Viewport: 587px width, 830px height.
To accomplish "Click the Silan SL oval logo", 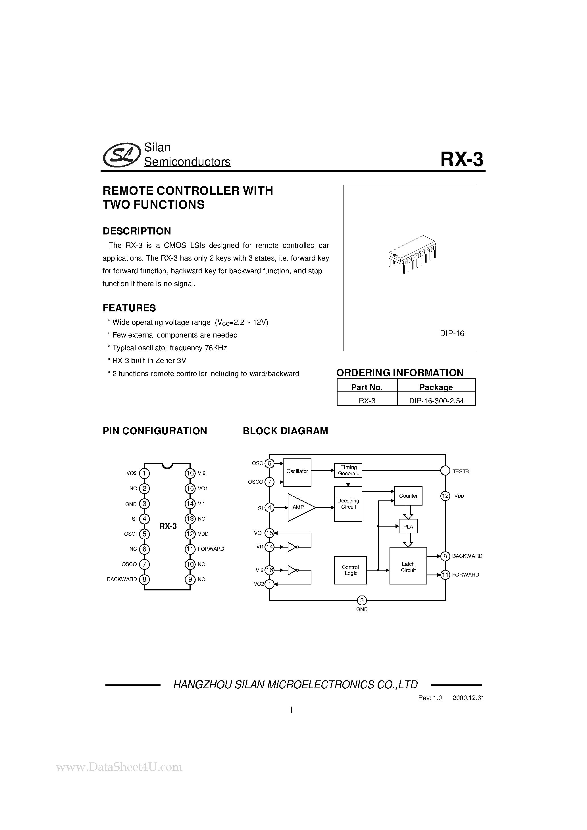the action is coord(122,155).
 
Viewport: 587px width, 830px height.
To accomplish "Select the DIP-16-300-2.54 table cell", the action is coord(436,401).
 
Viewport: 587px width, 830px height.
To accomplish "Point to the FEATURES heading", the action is coord(129,308).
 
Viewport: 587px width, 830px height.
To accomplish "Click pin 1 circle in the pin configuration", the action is coord(144,473).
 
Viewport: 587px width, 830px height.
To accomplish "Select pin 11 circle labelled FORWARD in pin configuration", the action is coord(190,549).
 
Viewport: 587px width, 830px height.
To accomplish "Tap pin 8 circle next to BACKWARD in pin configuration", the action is coord(144,579).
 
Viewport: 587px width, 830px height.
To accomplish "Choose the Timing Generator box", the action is coord(348,470).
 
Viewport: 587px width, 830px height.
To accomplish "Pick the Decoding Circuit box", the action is coord(348,504).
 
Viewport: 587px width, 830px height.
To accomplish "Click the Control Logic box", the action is coord(350,570).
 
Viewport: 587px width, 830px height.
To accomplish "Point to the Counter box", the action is coord(408,496).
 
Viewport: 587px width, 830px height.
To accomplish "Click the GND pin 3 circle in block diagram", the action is coord(362,600).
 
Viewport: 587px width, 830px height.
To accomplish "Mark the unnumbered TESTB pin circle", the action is coord(445,471).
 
